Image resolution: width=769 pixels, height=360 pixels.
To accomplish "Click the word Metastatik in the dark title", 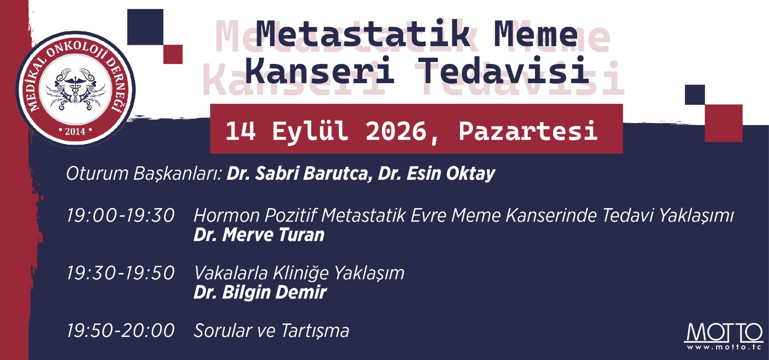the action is click(363, 34).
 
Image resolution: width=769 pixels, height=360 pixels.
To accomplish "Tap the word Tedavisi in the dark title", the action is click(504, 70).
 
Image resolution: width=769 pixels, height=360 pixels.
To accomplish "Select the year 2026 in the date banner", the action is click(396, 131).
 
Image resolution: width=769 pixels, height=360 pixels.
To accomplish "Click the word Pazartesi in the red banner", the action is click(528, 131).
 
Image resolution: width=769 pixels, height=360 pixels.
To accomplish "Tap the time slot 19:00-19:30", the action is click(121, 215).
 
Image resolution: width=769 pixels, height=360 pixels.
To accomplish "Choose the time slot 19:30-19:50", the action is click(121, 273).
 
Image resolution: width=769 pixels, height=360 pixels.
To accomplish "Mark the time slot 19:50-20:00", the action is click(121, 331).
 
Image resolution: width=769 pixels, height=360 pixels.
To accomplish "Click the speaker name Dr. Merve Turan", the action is click(259, 235).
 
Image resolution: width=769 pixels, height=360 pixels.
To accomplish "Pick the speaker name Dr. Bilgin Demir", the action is click(260, 293).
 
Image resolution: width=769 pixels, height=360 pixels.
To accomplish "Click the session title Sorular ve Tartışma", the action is click(272, 331).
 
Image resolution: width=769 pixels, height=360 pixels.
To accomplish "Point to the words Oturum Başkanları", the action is click(144, 174).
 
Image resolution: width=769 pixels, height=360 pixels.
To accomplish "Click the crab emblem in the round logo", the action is click(75, 89).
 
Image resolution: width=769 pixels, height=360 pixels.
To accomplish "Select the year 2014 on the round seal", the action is click(75, 131).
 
